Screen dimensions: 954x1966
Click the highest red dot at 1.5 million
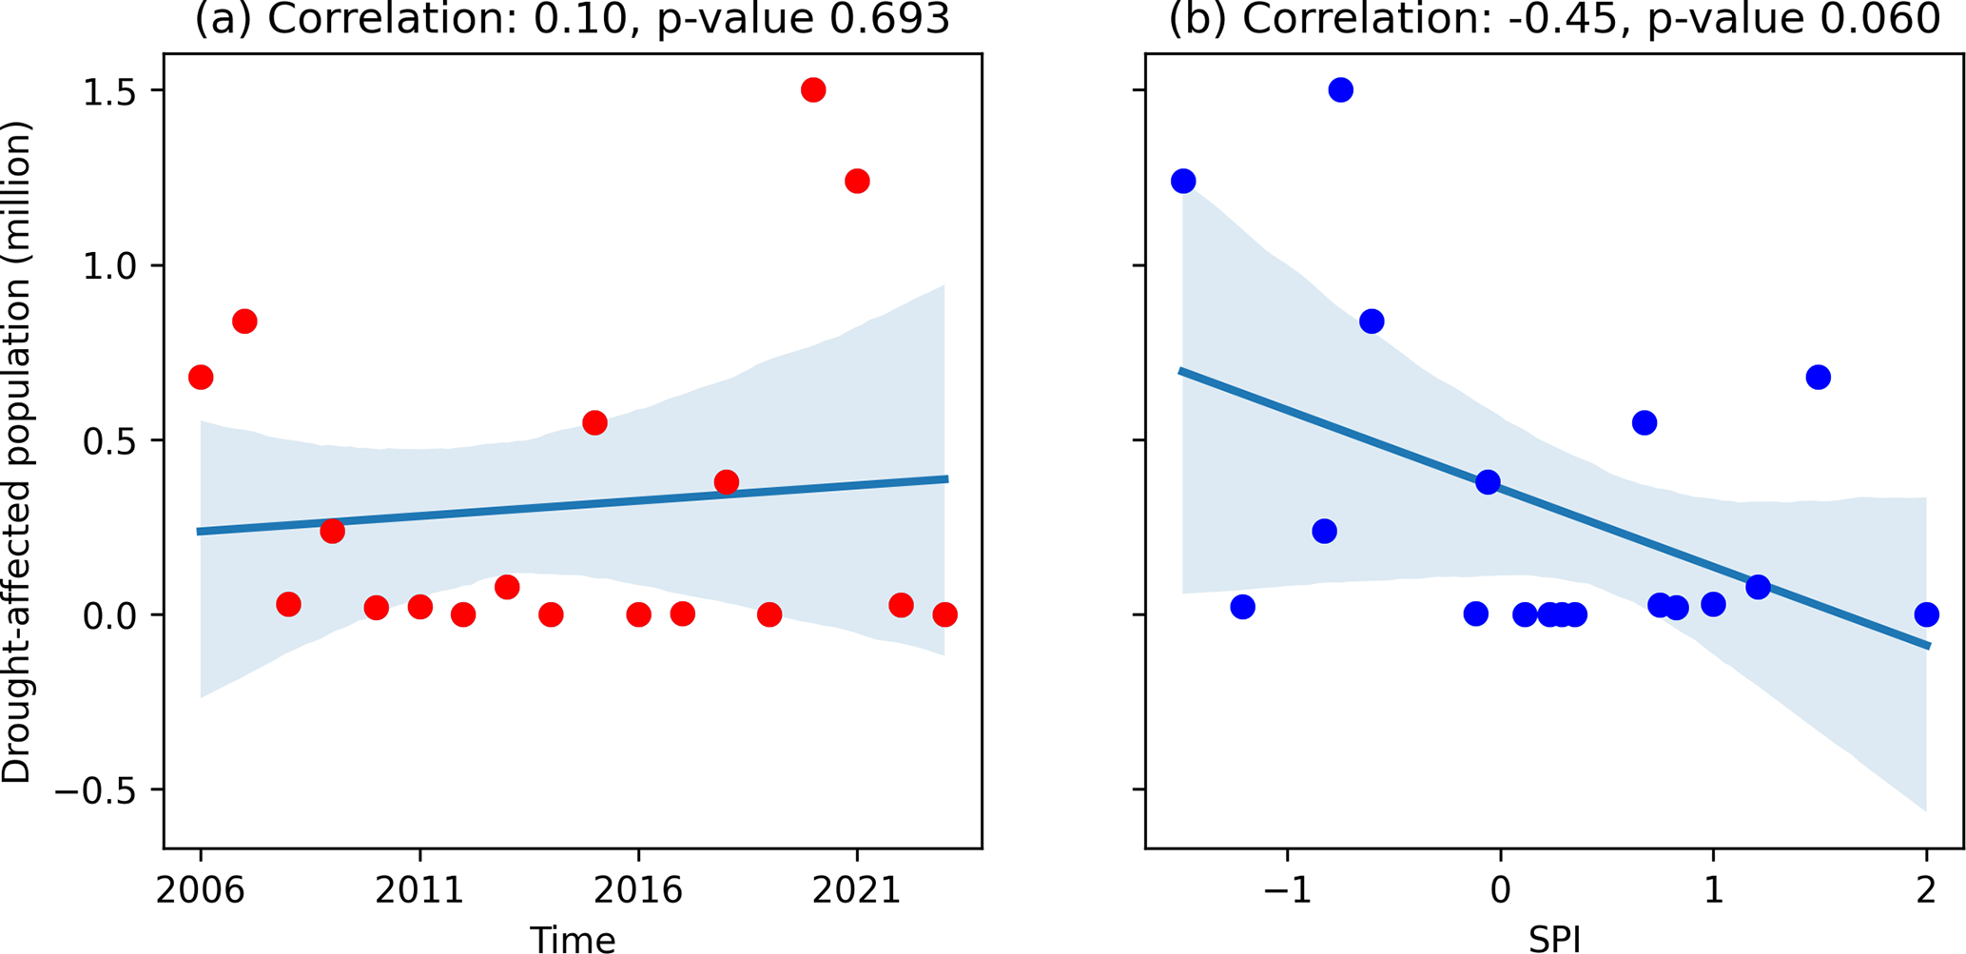(x=812, y=90)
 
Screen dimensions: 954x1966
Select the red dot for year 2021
(x=856, y=181)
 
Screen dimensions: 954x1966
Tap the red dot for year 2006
(x=201, y=378)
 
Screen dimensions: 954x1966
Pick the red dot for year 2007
(x=244, y=321)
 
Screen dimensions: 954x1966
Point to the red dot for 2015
(x=594, y=423)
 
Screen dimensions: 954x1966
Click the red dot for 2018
(x=726, y=482)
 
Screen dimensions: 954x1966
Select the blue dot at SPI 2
(x=1926, y=614)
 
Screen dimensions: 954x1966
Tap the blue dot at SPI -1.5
(x=1183, y=181)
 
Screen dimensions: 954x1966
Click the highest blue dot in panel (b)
(x=1341, y=90)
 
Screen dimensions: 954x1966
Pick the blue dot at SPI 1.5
(x=1818, y=378)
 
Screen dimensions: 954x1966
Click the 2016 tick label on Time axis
(x=638, y=891)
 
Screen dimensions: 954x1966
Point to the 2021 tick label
(x=857, y=891)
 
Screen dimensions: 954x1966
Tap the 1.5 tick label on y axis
(x=112, y=91)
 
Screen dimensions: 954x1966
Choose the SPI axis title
(x=1554, y=940)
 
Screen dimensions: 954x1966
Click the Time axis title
(x=573, y=940)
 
